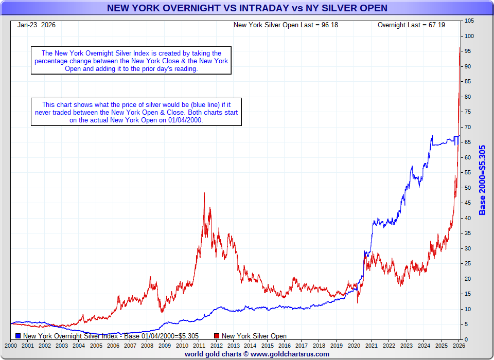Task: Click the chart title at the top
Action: click(x=247, y=8)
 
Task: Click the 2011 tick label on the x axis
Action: click(x=199, y=346)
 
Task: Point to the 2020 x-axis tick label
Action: click(x=354, y=346)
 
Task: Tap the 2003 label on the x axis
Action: click(x=61, y=346)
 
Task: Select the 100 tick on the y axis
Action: click(x=469, y=36)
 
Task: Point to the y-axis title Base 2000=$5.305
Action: click(x=483, y=180)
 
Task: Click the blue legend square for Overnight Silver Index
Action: click(x=18, y=336)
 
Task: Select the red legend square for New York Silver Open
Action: click(x=217, y=336)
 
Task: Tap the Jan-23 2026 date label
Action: click(x=37, y=25)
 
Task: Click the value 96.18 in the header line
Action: click(x=328, y=25)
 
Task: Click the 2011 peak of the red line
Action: click(x=204, y=193)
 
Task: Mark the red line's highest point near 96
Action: click(x=460, y=48)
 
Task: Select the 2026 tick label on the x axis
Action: click(x=457, y=346)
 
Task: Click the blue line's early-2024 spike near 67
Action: click(x=432, y=136)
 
